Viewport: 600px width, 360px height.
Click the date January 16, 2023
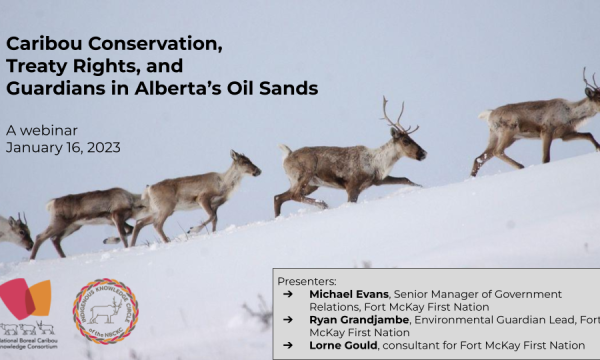pyautogui.click(x=62, y=147)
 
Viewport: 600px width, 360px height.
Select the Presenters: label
pyautogui.click(x=307, y=281)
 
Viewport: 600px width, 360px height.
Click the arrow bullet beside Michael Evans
pyautogui.click(x=288, y=294)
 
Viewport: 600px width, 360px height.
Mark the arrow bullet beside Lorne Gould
pyautogui.click(x=288, y=345)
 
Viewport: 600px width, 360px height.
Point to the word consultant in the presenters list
pyautogui.click(x=422, y=345)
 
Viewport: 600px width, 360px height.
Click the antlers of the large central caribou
pyautogui.click(x=399, y=114)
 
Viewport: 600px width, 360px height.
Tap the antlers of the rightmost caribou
pyautogui.click(x=590, y=76)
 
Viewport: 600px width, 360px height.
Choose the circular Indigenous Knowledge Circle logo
pyautogui.click(x=105, y=311)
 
